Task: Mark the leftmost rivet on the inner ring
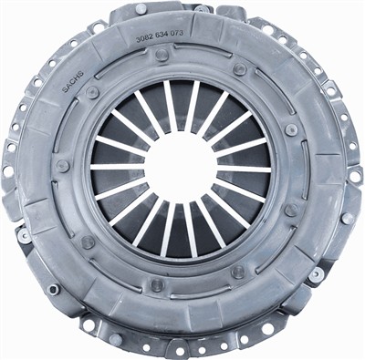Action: coord(62,166)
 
